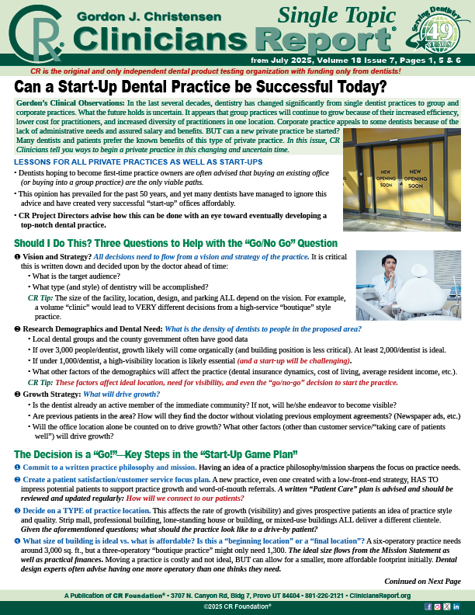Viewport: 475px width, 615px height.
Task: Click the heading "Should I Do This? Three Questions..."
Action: pyautogui.click(x=175, y=244)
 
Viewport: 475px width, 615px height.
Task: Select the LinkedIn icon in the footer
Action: pyautogui.click(x=456, y=606)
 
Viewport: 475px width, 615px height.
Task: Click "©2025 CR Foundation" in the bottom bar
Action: pyautogui.click(x=237, y=606)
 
